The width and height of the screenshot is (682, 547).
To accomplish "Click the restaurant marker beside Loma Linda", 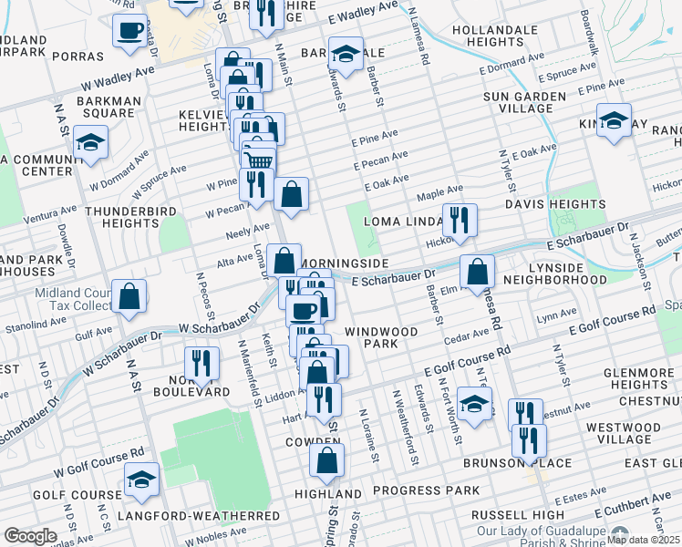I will [459, 220].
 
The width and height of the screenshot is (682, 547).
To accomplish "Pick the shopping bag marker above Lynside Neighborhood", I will [477, 271].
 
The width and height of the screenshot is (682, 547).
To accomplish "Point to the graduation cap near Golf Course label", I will [141, 480].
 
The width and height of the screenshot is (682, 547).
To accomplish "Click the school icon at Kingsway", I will [614, 121].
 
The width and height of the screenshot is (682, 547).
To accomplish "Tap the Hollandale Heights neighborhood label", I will [498, 36].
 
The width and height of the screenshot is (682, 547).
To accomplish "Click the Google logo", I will [31, 535].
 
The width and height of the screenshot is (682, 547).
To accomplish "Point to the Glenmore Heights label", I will [643, 363].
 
